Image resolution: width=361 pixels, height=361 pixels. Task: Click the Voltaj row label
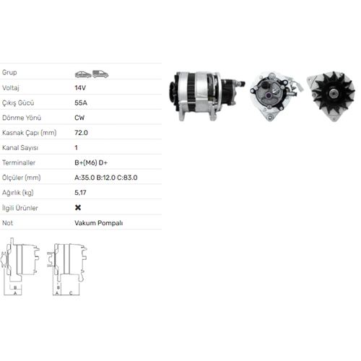click(11, 88)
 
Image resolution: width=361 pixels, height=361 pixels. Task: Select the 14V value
click(80, 88)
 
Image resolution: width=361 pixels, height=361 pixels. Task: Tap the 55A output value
click(81, 103)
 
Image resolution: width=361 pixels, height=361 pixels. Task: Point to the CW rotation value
click(79, 118)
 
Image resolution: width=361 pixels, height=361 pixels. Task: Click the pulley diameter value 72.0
click(81, 133)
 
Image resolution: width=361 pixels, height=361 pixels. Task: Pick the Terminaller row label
click(19, 162)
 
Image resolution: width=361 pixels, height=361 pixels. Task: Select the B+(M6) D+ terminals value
click(91, 162)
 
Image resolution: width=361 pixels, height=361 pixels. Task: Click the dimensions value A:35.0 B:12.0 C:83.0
click(106, 178)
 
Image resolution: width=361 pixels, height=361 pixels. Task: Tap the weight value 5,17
click(80, 193)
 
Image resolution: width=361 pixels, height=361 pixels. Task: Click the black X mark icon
click(78, 207)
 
